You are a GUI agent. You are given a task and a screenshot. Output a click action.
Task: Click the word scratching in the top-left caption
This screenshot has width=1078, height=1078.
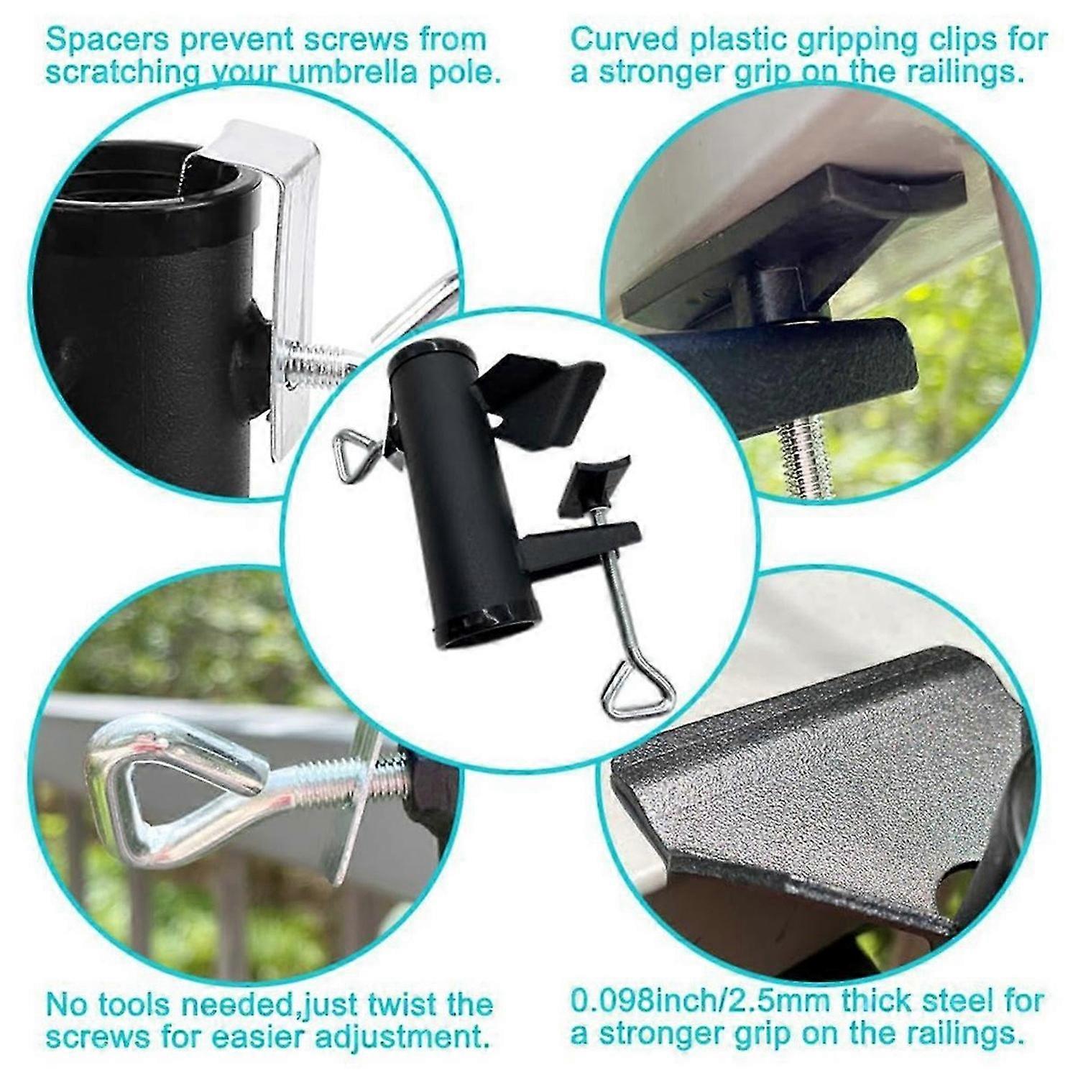click(x=114, y=73)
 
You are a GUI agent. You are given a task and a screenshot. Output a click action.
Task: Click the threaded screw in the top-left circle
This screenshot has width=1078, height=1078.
click(x=316, y=363)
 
